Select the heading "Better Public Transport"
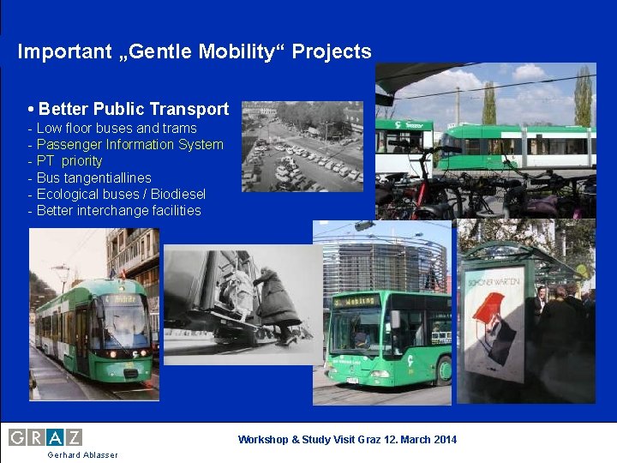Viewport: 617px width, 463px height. [133, 109]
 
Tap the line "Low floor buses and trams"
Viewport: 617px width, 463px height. [117, 128]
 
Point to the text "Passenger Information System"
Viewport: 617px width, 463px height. [129, 144]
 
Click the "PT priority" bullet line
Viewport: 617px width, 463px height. [69, 160]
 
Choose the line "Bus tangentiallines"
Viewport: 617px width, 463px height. [93, 177]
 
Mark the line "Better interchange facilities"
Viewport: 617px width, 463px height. [118, 210]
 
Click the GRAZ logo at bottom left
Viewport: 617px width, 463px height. [45, 437]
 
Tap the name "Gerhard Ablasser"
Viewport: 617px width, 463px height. [83, 454]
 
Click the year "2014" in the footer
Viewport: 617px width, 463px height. [444, 440]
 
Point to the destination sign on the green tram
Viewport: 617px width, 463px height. [123, 300]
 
